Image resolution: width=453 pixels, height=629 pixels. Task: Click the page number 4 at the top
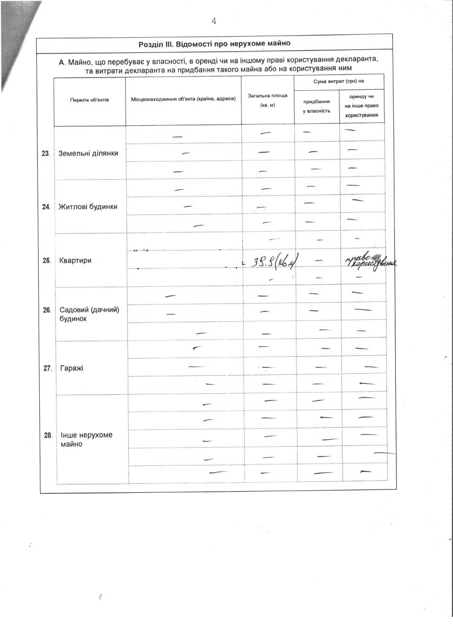[214, 21]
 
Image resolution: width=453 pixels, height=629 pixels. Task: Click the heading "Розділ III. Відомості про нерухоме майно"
[214, 44]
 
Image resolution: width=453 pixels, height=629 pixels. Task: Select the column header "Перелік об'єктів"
[90, 100]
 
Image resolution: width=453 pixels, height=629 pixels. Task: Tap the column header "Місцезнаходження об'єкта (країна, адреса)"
[183, 100]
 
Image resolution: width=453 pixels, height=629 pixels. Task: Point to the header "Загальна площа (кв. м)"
[268, 100]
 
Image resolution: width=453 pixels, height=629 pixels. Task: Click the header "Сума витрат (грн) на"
[339, 82]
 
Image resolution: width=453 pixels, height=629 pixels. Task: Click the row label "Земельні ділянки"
[89, 153]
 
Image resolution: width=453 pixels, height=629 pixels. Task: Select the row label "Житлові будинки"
[87, 207]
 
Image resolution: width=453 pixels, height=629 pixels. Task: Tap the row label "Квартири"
[75, 260]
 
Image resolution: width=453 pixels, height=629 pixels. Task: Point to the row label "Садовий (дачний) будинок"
[90, 313]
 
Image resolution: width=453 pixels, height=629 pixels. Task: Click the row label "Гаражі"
[72, 368]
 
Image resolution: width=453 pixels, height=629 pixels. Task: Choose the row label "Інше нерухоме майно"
[86, 439]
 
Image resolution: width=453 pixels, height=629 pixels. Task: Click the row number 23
[46, 154]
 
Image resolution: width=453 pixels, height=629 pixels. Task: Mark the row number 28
[48, 436]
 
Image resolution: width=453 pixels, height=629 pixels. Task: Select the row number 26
[47, 310]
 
